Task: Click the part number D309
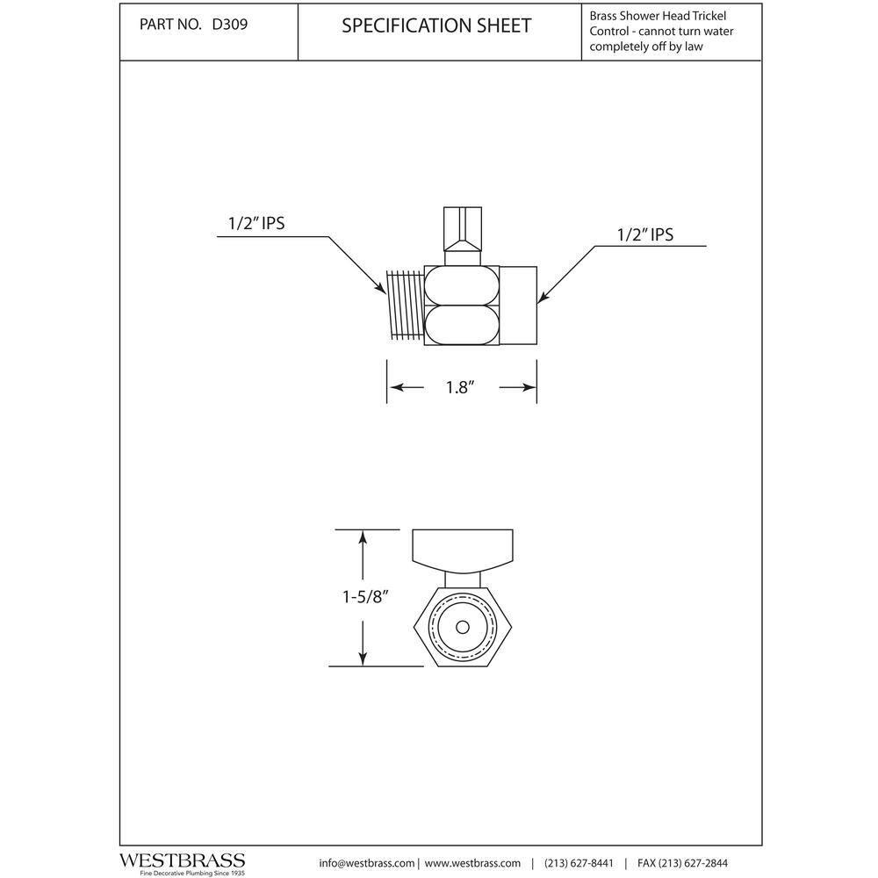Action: click(x=229, y=25)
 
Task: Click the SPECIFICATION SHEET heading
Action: click(x=436, y=25)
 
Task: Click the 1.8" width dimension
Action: click(x=460, y=387)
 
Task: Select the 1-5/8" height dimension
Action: click(x=365, y=597)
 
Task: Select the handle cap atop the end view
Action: click(x=463, y=547)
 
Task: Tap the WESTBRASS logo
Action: click(x=182, y=860)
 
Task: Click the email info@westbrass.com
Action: click(x=367, y=863)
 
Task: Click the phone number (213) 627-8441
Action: click(x=580, y=863)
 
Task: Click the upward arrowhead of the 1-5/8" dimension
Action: click(x=362, y=537)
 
